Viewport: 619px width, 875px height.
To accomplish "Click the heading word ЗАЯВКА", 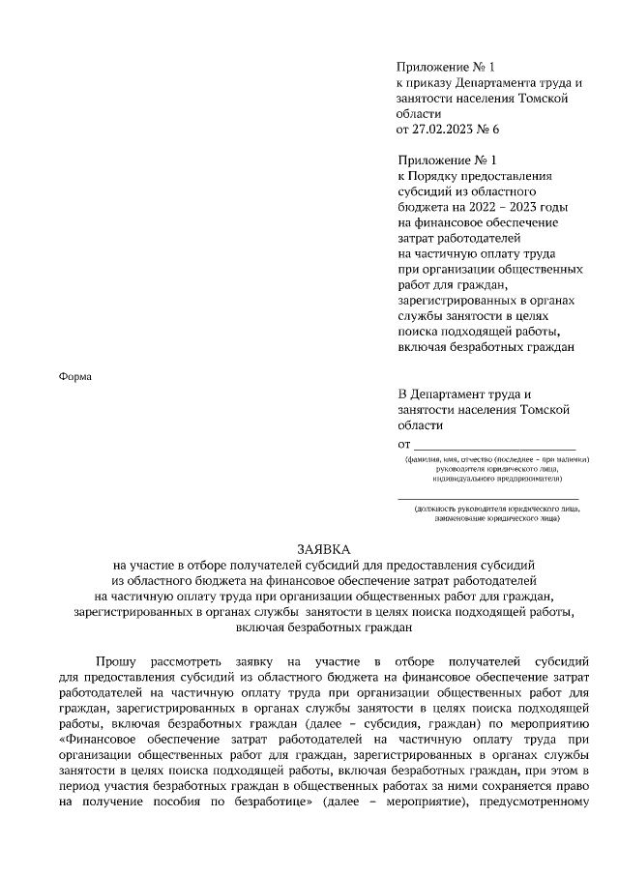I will pos(309,547).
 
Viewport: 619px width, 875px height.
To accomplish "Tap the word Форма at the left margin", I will pos(75,376).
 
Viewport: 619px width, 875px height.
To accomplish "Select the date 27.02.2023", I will pos(438,128).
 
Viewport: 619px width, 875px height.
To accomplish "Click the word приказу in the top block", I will pos(433,83).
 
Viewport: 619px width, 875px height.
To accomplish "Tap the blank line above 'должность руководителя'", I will pos(487,497).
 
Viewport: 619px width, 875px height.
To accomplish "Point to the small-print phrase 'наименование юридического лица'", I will pos(486,517).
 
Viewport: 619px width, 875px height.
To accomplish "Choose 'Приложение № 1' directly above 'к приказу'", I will pos(444,68).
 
